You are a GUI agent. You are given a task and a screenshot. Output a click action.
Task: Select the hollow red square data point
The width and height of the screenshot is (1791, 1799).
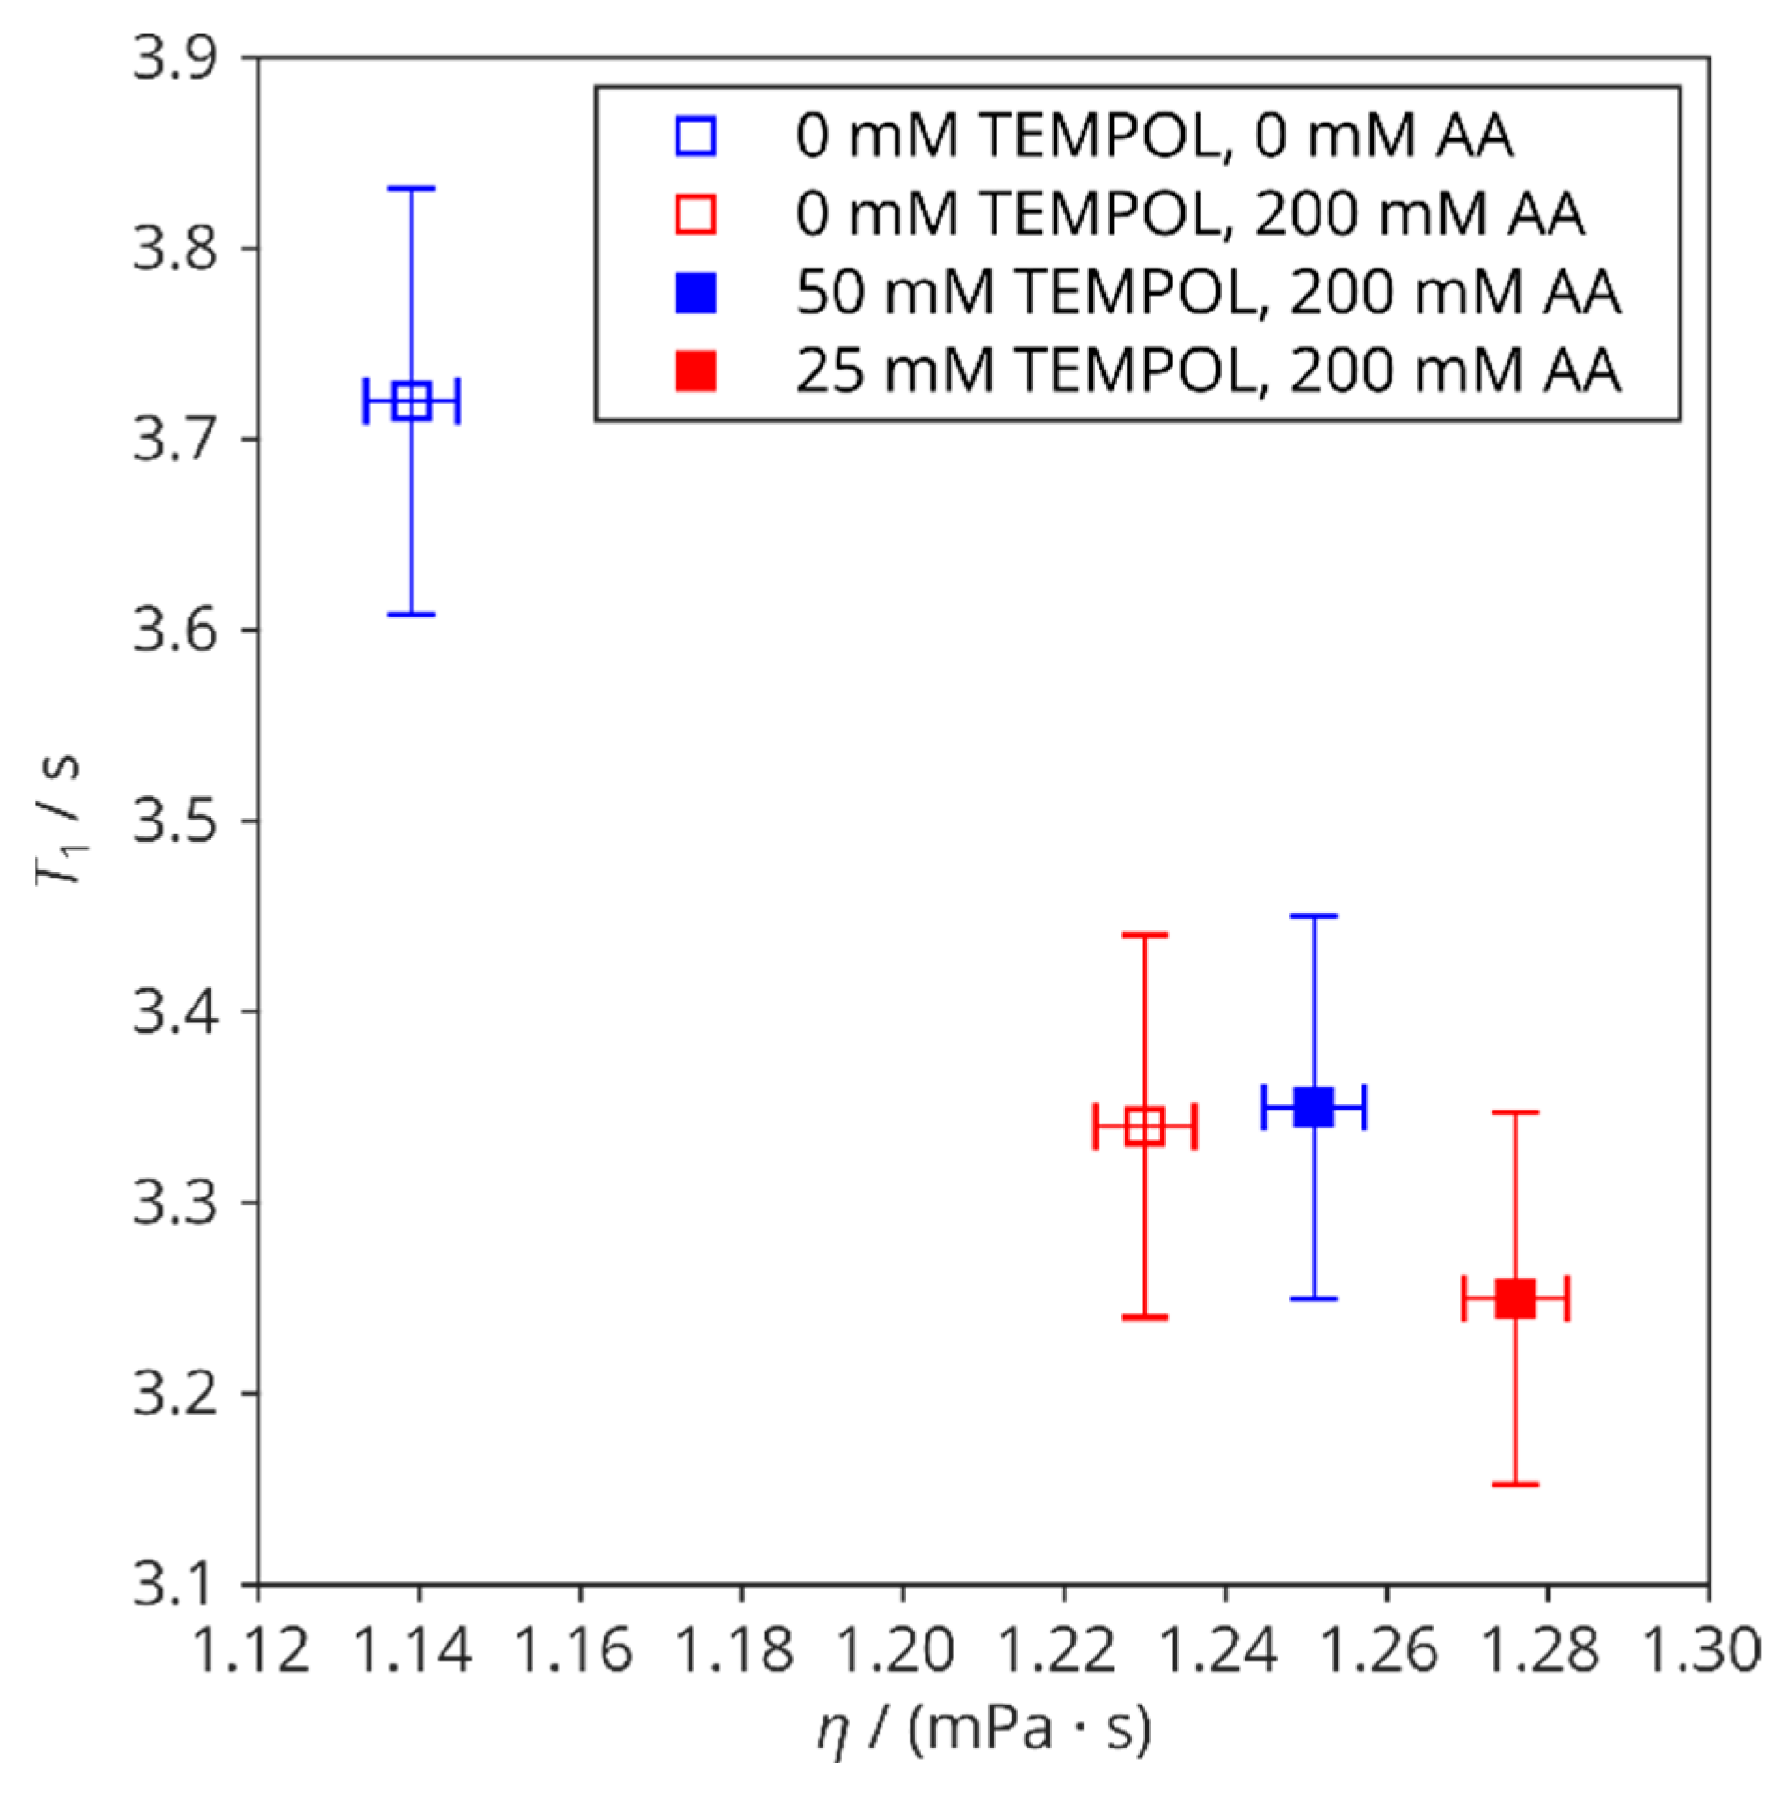pos(1144,1126)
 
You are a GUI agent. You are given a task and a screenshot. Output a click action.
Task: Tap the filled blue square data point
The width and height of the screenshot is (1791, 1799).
pos(1314,1108)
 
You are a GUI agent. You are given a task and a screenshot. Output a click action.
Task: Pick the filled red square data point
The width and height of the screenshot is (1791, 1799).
pos(1515,1298)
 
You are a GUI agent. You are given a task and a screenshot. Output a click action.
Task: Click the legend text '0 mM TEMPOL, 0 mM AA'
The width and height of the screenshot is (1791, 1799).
pos(1154,137)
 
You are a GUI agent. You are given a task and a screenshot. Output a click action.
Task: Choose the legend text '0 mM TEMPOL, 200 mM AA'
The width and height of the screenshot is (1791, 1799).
pos(1189,215)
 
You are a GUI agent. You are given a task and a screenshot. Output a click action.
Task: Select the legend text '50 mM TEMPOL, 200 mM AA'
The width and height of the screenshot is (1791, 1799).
pos(1207,294)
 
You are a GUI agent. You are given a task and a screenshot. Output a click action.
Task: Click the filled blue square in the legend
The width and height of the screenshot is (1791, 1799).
pos(696,294)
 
